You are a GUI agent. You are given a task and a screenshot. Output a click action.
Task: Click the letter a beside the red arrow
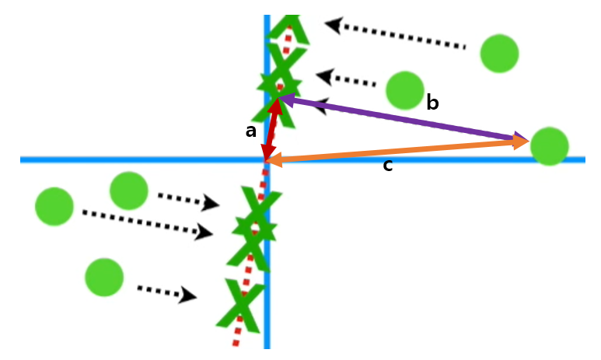click(250, 131)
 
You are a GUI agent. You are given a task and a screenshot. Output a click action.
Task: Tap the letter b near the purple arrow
click(432, 103)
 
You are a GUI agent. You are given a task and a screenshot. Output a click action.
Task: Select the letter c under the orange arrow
click(387, 166)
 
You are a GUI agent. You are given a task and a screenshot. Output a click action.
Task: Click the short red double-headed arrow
click(271, 128)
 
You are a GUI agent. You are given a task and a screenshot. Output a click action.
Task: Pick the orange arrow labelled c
click(397, 151)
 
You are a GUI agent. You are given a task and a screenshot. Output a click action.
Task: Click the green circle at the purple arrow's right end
click(549, 146)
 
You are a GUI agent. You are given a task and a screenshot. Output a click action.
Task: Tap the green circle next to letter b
click(404, 90)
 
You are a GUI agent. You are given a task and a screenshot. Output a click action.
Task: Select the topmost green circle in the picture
click(499, 54)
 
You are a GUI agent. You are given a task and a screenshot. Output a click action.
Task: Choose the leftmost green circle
click(54, 207)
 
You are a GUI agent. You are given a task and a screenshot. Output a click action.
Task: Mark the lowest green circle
click(104, 277)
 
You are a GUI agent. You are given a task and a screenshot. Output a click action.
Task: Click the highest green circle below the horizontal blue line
click(129, 190)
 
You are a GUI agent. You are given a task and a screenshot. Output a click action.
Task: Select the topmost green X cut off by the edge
click(288, 28)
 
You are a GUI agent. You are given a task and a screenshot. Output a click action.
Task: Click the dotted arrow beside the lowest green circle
click(166, 292)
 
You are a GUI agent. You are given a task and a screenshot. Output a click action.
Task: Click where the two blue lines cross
click(267, 159)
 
